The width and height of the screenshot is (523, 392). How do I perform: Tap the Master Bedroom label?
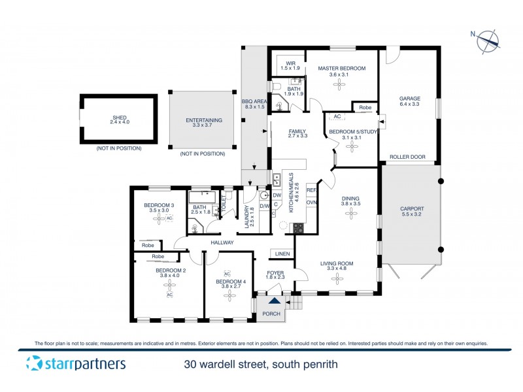(x=341, y=68)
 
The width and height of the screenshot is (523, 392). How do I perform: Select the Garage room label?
(x=410, y=99)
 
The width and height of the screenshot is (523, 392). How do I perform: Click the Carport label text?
(x=412, y=210)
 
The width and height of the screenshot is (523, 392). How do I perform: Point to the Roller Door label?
(x=407, y=157)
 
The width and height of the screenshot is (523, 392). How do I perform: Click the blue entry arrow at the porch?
(x=274, y=302)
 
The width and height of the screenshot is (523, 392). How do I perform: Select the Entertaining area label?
(x=204, y=120)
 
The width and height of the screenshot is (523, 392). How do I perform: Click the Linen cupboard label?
(x=282, y=253)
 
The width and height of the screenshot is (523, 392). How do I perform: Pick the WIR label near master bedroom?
(x=290, y=63)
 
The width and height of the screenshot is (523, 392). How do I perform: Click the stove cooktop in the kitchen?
(x=298, y=228)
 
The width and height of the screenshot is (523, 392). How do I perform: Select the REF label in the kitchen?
(x=311, y=190)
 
